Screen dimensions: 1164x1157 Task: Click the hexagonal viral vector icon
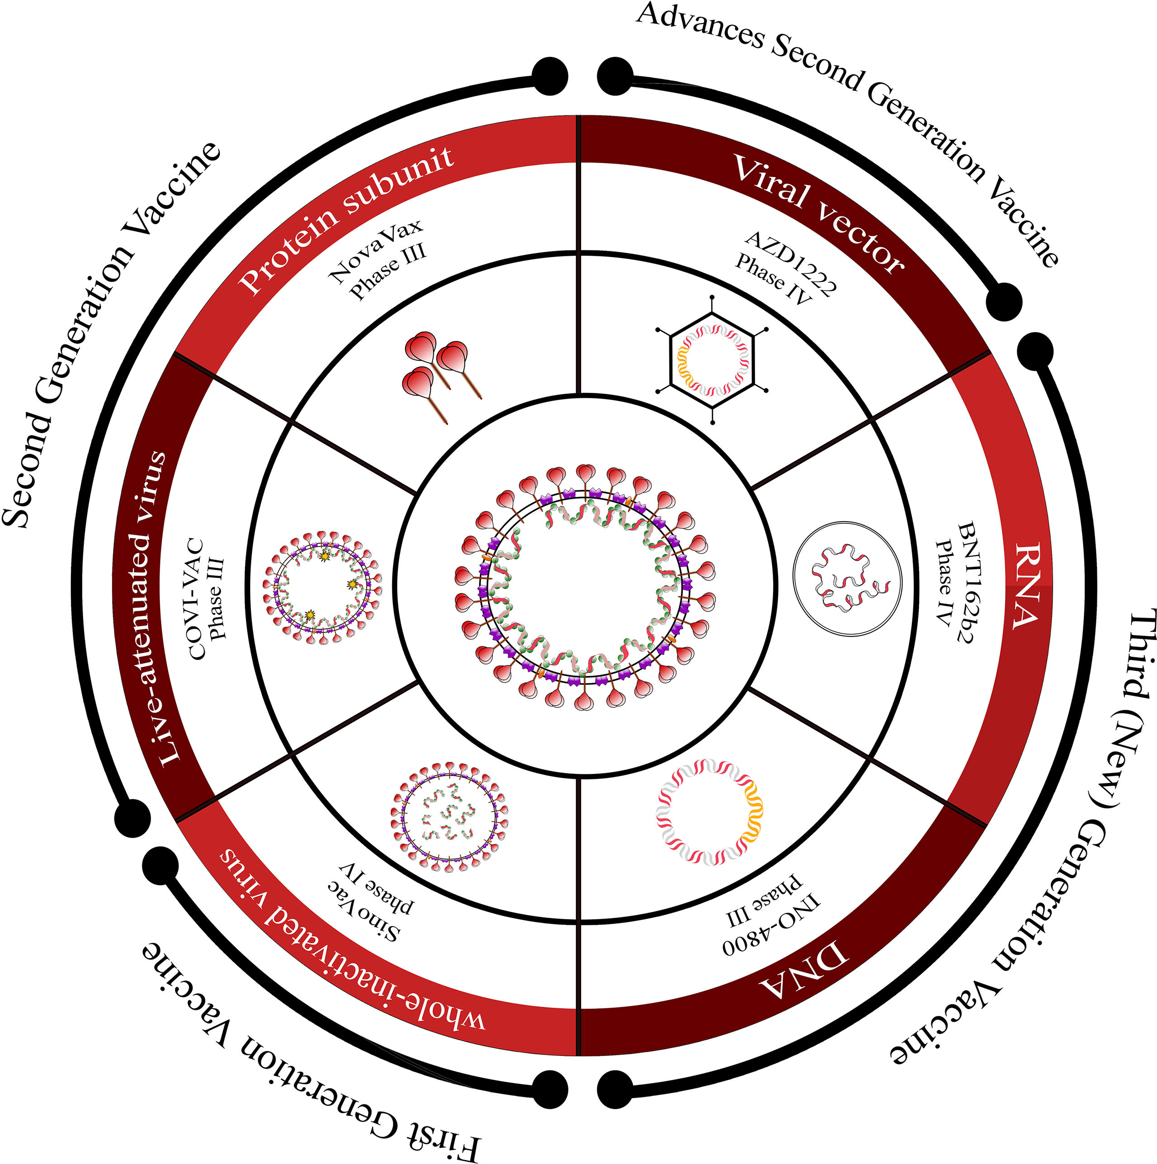[x=712, y=360]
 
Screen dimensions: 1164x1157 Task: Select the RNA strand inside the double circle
[x=847, y=579]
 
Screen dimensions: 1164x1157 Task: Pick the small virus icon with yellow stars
[x=322, y=587]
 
